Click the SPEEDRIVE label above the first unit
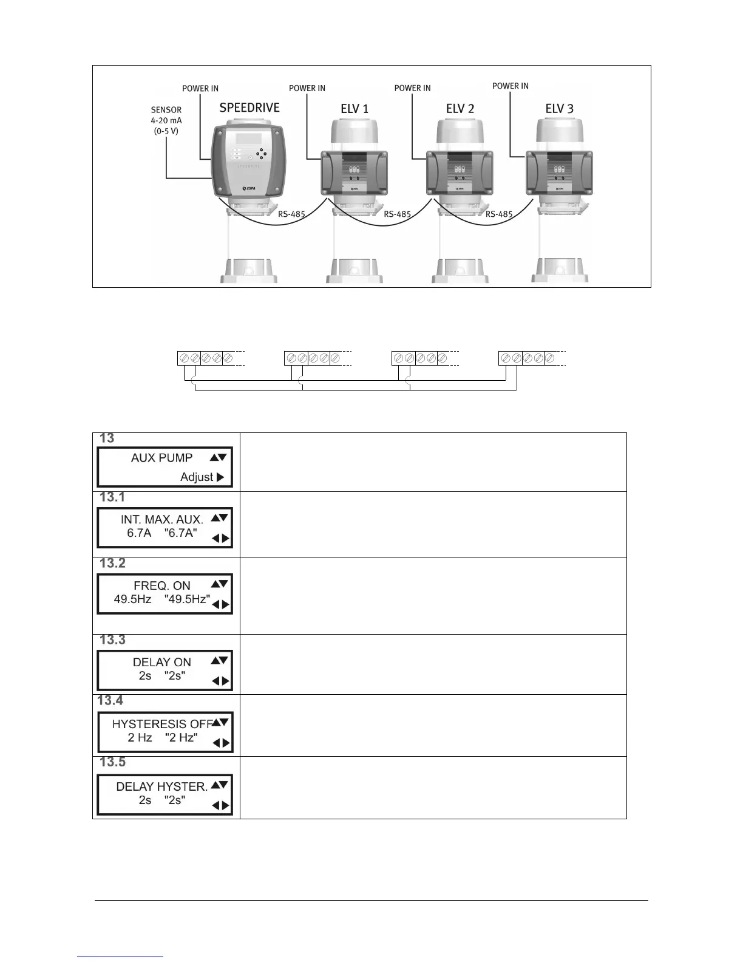point(249,108)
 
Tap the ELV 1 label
point(355,109)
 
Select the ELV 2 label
point(460,109)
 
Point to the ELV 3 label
point(559,109)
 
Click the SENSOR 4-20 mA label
point(166,120)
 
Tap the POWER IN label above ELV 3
point(510,86)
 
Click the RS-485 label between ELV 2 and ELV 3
point(499,214)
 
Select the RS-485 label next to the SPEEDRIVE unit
point(291,214)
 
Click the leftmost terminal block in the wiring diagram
point(205,358)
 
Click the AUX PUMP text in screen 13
point(161,458)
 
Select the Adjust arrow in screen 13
point(220,477)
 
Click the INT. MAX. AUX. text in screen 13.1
point(162,519)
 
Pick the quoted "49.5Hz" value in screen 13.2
point(187,599)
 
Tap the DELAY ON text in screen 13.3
point(161,662)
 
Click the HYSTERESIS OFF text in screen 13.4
point(161,724)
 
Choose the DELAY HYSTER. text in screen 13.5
point(161,786)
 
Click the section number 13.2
point(112,564)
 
